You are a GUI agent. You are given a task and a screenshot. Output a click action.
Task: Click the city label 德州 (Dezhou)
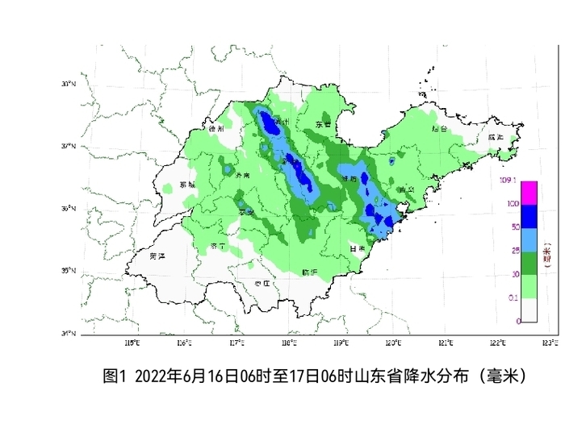click(x=215, y=128)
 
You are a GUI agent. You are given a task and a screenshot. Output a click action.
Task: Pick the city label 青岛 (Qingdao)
click(x=405, y=190)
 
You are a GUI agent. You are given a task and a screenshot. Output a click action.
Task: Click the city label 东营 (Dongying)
click(x=324, y=125)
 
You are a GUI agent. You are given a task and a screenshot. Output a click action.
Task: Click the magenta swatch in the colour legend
click(x=529, y=193)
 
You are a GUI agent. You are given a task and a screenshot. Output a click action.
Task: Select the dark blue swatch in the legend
click(x=529, y=216)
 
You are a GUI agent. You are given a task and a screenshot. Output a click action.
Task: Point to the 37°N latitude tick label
click(x=69, y=147)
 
